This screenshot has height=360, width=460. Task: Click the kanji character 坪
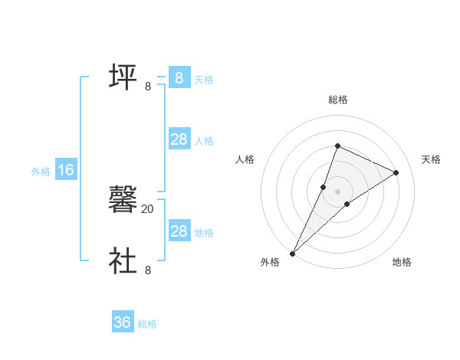point(123,77)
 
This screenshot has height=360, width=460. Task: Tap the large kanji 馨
point(123,201)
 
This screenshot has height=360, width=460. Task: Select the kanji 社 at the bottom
point(123,260)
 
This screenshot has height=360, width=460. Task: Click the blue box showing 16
point(65,171)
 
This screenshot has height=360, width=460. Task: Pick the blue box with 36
point(123,322)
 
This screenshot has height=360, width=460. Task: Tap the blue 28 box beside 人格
point(179,139)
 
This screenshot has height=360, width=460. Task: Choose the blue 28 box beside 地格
point(179,231)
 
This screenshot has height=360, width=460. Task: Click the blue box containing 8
point(179,78)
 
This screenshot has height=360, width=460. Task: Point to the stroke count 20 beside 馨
point(148,208)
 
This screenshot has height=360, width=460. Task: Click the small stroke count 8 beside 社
point(148,270)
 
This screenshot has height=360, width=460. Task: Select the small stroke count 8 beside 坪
point(148,87)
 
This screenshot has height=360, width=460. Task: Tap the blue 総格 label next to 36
point(147,324)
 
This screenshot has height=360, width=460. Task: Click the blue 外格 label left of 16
point(41,172)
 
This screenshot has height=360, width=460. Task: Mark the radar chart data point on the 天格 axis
point(396,172)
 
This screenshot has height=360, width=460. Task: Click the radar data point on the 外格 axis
point(293,253)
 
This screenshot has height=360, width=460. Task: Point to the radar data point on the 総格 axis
point(337,146)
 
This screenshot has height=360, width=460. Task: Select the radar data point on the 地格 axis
point(347,204)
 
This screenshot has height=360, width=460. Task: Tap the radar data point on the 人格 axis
point(324,187)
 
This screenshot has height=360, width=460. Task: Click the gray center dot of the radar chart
point(337,191)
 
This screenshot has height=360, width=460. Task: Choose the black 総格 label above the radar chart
point(338,100)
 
